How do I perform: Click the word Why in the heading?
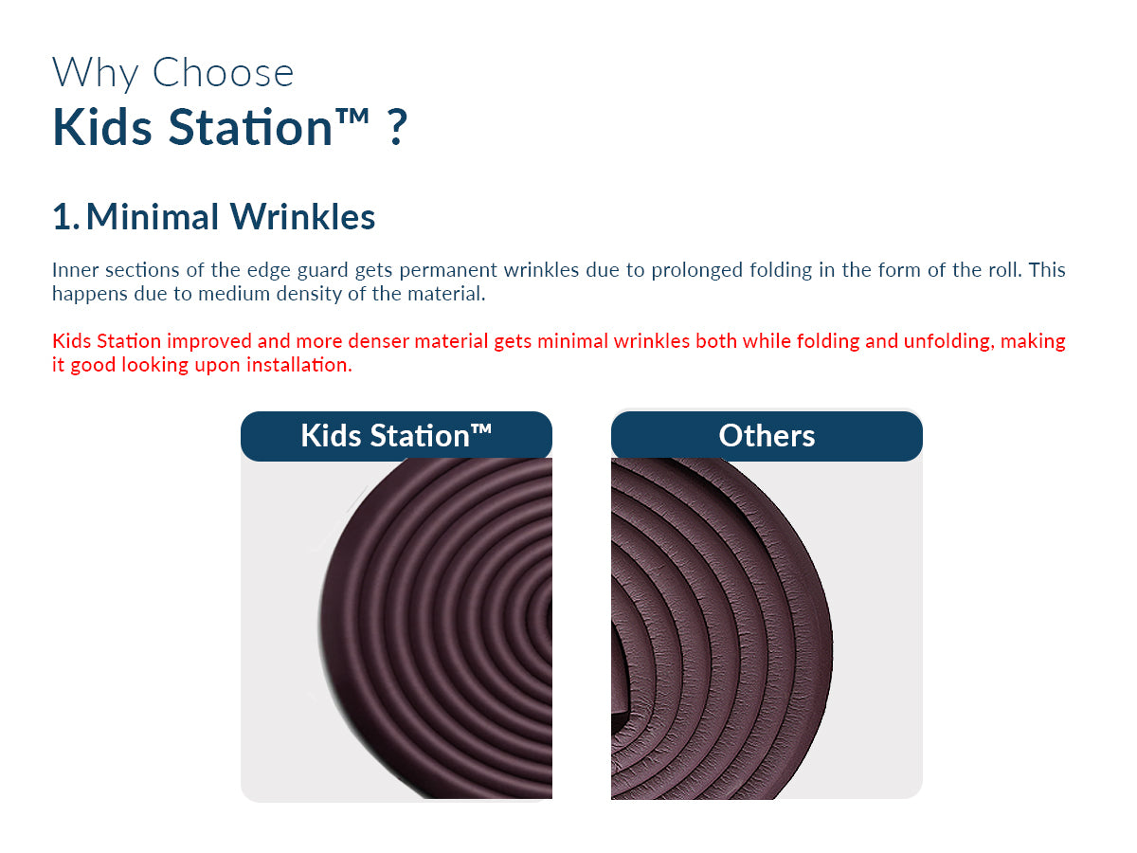point(96,74)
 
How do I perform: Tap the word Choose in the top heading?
point(223,72)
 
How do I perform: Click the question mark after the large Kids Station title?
point(397,126)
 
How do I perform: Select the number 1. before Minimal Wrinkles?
point(65,216)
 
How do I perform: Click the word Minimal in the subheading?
point(153,216)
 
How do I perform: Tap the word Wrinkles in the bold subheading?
point(302,216)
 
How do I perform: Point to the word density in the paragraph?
point(309,294)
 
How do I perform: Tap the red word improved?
point(209,342)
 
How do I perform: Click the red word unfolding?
point(947,342)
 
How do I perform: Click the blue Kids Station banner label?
point(396,436)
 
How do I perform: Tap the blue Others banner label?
point(767,436)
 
